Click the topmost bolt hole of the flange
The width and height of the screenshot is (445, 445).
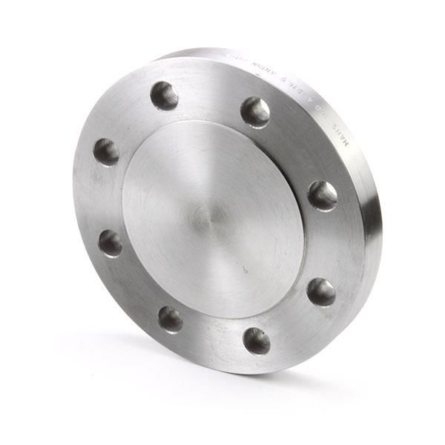coord(164,96)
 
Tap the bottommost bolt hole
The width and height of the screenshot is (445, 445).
coord(257,340)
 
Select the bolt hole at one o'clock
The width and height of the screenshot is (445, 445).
coord(255,112)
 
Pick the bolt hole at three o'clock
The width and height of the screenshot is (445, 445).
coord(323,195)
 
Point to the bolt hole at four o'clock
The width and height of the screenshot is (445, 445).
coord(321,291)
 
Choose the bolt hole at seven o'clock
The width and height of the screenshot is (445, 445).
coord(171,320)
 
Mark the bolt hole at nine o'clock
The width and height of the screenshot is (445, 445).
coord(111,243)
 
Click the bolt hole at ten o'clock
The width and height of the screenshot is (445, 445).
coord(106,152)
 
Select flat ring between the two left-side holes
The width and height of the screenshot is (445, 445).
coord(104,197)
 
